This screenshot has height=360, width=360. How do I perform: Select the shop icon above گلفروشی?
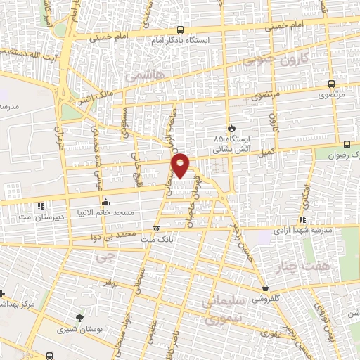[264, 288]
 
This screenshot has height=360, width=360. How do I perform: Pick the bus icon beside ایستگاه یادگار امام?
[181, 30]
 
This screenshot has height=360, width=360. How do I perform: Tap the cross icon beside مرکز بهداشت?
[3, 292]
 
